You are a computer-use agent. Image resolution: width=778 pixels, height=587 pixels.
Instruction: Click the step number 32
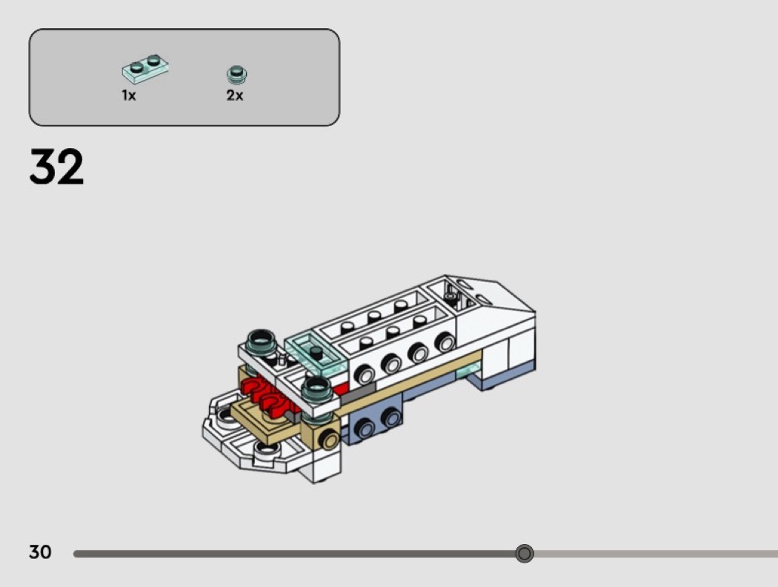pyautogui.click(x=56, y=167)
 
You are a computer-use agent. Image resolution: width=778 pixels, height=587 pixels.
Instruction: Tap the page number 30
pyautogui.click(x=40, y=551)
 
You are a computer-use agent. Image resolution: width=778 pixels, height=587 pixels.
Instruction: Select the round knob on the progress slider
pyautogui.click(x=524, y=553)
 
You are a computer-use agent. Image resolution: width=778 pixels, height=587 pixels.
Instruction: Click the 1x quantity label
pyautogui.click(x=129, y=95)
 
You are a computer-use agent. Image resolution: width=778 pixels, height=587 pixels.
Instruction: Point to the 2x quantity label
pyautogui.click(x=235, y=95)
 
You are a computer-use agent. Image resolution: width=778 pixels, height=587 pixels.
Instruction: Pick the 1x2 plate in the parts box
pyautogui.click(x=145, y=68)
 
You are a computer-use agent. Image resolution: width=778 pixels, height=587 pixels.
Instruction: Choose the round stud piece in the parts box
pyautogui.click(x=236, y=75)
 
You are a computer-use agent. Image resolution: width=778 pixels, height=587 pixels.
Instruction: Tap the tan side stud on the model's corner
pyautogui.click(x=328, y=440)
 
